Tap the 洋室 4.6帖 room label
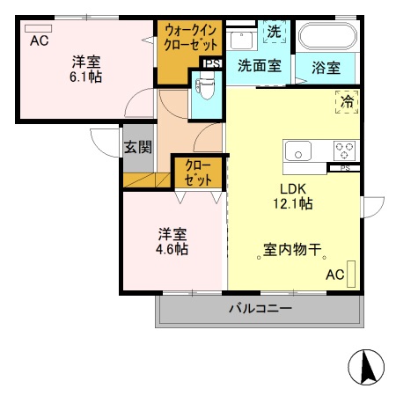(x=172, y=241)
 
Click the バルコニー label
(x=260, y=308)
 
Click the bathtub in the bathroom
(x=326, y=36)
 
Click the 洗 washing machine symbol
(x=275, y=32)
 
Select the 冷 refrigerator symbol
(x=347, y=102)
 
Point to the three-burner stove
(x=343, y=150)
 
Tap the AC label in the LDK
(x=335, y=275)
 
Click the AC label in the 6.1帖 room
(x=40, y=41)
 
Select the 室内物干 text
(x=292, y=250)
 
